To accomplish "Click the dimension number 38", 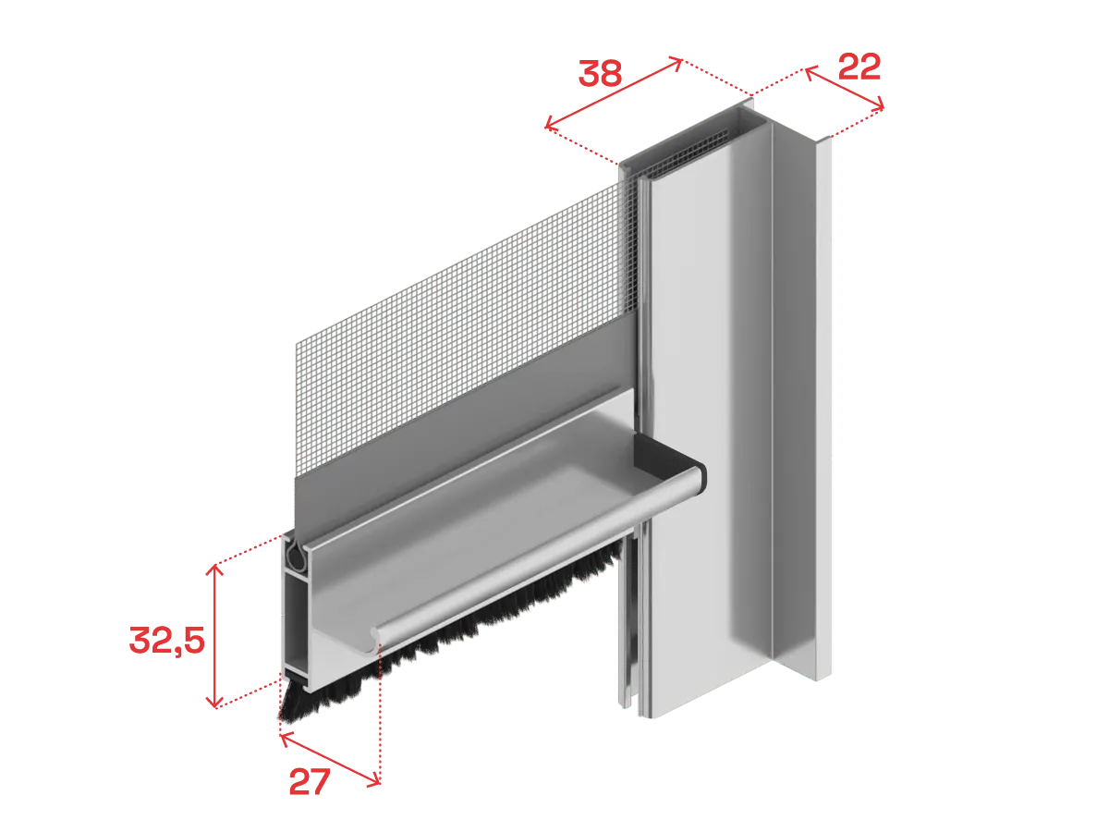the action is click(x=600, y=74).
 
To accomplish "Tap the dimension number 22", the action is click(x=859, y=67).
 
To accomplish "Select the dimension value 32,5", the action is click(x=167, y=641).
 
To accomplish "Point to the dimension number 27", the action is click(x=310, y=782).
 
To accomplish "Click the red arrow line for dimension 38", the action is click(x=614, y=93).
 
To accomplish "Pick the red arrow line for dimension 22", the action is click(x=845, y=88).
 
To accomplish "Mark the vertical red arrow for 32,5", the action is click(x=215, y=636).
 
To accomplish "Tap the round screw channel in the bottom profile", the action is click(x=294, y=557).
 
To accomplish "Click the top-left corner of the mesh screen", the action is click(x=296, y=343).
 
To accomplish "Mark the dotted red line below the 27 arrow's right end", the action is click(x=380, y=717).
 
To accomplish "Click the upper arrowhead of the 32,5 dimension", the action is click(x=214, y=569).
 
